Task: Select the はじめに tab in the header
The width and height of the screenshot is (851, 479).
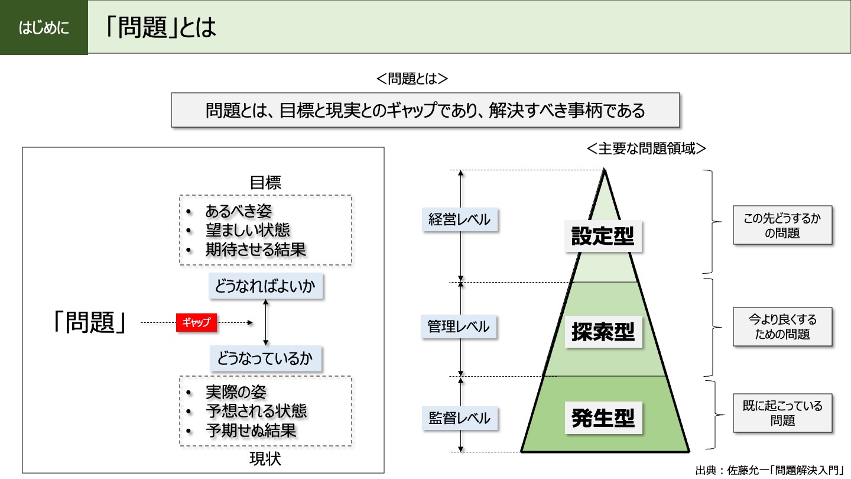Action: [x=44, y=28]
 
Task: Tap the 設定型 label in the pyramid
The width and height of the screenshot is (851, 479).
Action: [x=603, y=237]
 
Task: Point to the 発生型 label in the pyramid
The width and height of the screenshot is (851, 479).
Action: [x=603, y=418]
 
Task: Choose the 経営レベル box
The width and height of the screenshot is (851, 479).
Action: [x=459, y=219]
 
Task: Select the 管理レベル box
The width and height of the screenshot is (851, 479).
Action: [x=459, y=326]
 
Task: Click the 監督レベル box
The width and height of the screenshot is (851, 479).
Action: [x=459, y=418]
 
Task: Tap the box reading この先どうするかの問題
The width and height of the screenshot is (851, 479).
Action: [x=782, y=225]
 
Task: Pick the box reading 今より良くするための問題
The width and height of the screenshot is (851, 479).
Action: [x=782, y=326]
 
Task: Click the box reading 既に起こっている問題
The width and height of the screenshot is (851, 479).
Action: [x=782, y=413]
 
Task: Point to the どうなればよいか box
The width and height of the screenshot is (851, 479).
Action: [x=265, y=287]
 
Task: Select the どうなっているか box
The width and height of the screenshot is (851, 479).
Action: [x=265, y=358]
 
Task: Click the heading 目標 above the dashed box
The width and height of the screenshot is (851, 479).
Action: [x=265, y=183]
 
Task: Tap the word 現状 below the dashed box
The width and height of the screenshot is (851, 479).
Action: [x=265, y=459]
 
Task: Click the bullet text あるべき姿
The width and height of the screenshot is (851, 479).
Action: [x=238, y=211]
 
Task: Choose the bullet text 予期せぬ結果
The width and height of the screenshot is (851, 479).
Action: [x=251, y=430]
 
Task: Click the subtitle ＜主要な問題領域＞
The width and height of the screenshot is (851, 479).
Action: [x=647, y=148]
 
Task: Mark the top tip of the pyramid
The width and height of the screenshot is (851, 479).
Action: [x=605, y=171]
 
